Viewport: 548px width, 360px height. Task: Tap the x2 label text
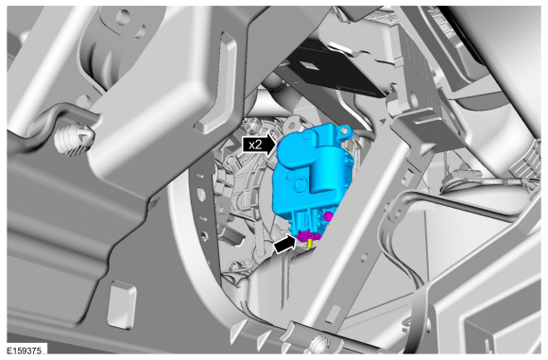255,145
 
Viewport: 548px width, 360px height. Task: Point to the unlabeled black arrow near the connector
285,243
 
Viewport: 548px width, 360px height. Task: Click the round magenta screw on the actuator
328,216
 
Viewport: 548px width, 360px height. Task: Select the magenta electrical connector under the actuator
308,236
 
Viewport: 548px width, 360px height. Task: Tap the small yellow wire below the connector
309,244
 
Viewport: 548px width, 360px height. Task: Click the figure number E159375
25,351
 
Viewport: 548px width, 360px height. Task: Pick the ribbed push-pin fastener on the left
74,138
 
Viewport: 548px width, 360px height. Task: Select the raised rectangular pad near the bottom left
122,304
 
